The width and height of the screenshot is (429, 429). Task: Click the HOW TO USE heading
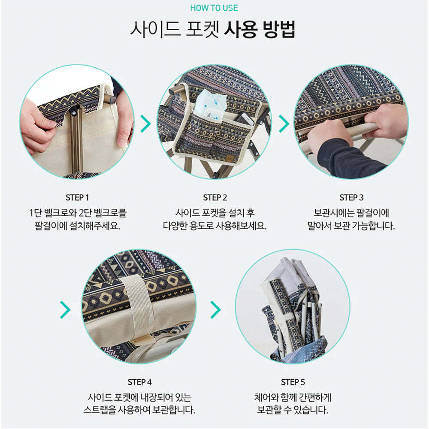214,8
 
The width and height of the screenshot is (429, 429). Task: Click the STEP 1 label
77,197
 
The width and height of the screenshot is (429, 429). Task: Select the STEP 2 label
215,197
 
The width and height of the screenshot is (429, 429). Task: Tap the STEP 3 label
352,197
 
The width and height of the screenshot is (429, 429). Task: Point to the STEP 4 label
139,382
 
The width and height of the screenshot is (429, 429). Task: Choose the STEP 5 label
293,382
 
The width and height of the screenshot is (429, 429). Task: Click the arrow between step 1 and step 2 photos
145,124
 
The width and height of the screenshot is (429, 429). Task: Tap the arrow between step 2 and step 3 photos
284,124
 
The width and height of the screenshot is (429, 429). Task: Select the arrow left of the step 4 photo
65,310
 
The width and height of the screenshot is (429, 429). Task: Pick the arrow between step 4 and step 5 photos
216,310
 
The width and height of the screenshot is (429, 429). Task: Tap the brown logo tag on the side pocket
229,158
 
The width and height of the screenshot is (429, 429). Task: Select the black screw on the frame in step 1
74,112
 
